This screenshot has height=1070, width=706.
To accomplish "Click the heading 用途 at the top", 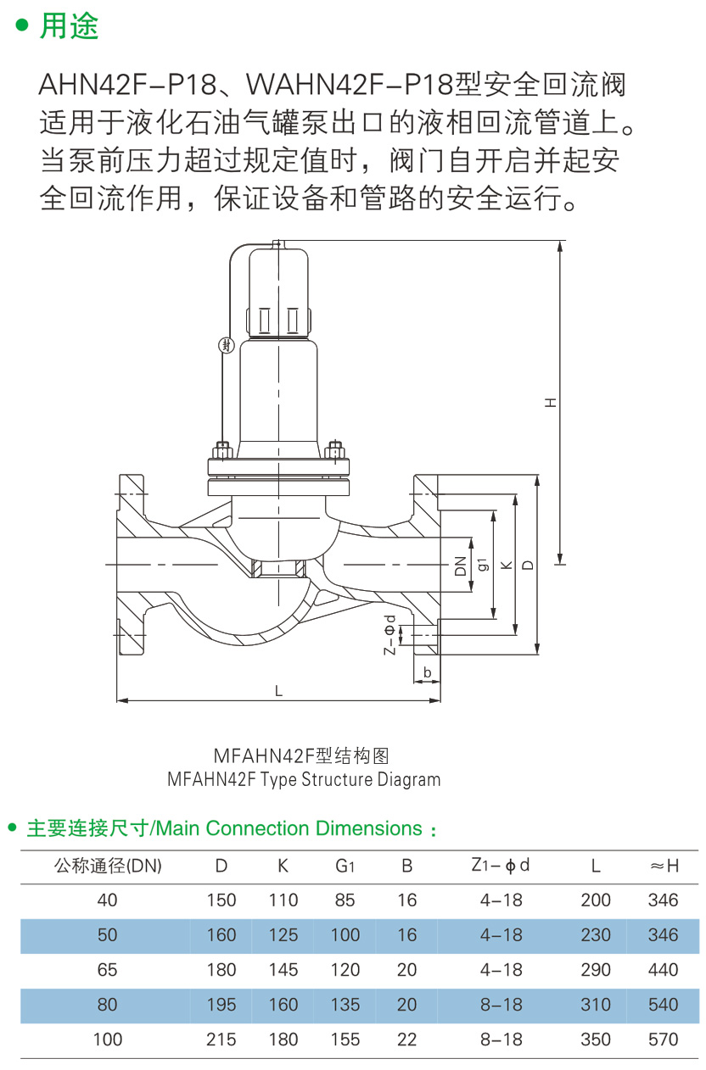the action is point(70,25).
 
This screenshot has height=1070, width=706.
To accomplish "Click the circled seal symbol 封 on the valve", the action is point(227,345).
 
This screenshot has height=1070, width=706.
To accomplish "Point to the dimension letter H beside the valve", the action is point(551,403).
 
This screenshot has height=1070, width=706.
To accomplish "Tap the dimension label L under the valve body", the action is point(278,691).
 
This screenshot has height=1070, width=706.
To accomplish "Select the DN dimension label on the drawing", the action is point(460,566).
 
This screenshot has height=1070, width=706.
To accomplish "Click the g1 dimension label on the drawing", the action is point(484,564).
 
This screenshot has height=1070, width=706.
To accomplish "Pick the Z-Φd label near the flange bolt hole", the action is point(390,635).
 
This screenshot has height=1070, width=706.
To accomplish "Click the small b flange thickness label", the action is point(428,672).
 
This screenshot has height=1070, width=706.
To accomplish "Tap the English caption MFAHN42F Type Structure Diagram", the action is point(304,779).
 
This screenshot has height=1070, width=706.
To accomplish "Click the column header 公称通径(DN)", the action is point(108,866).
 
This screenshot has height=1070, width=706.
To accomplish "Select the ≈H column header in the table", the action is point(664,866).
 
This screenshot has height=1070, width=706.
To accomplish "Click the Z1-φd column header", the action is point(501,865).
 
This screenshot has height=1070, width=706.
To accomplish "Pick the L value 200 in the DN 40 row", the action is point(596,900).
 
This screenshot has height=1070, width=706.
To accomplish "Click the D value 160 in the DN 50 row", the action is point(221,935).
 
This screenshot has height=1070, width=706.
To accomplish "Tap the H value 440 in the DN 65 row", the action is point(663,970).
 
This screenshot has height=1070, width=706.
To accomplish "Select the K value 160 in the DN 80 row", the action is point(283,1005).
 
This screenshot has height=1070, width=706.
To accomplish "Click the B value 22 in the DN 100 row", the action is point(406,1039).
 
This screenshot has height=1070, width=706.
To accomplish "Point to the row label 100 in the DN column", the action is point(108,1039).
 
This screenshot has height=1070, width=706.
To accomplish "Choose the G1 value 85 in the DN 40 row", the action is point(345,900).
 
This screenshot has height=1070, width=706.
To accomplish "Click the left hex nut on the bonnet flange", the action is point(221,450).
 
